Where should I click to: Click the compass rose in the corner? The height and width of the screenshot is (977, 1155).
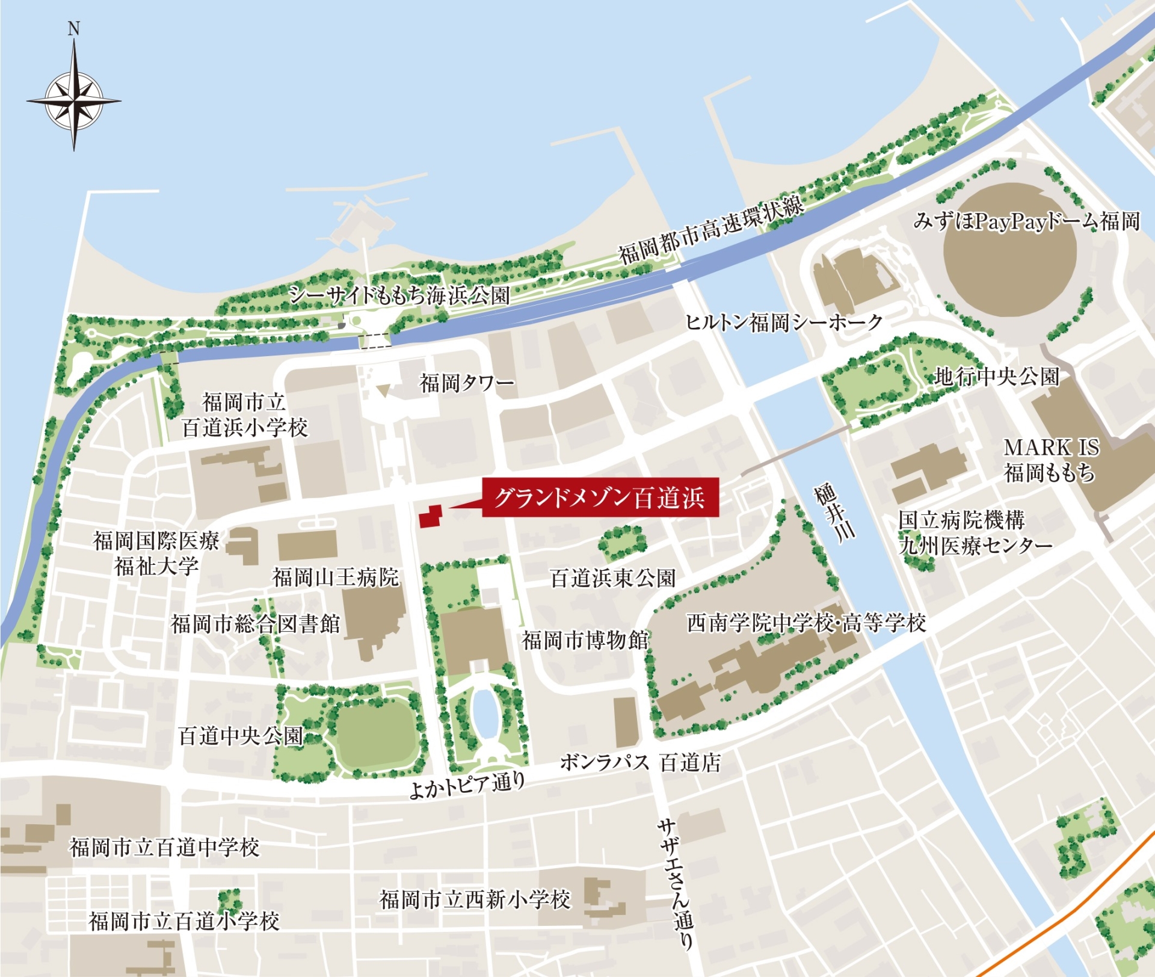tap(74, 101)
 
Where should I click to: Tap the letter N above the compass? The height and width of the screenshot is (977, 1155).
tap(73, 29)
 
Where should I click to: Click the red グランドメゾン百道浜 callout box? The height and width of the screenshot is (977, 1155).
tap(600, 498)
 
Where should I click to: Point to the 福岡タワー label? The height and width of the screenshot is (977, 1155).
tap(467, 383)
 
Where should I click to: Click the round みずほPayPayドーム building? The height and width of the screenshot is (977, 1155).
tap(1010, 249)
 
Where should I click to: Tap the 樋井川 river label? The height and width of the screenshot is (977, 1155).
tap(834, 513)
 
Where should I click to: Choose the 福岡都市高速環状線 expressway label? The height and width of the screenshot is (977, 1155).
tap(710, 230)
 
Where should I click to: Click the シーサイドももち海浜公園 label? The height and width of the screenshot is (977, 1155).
tap(399, 295)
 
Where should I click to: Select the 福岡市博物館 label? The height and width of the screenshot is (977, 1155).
tap(585, 640)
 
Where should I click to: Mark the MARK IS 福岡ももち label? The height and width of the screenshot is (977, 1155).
tap(1051, 460)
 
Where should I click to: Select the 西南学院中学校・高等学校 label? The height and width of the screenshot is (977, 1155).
tap(806, 623)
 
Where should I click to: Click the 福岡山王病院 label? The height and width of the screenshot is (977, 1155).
tap(336, 578)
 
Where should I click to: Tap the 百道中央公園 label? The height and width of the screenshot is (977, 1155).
tap(241, 736)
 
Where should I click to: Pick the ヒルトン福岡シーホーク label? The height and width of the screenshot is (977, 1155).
tap(784, 322)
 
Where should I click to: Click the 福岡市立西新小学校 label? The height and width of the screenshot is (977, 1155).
tap(475, 900)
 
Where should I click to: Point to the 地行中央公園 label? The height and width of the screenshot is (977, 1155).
tap(996, 377)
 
